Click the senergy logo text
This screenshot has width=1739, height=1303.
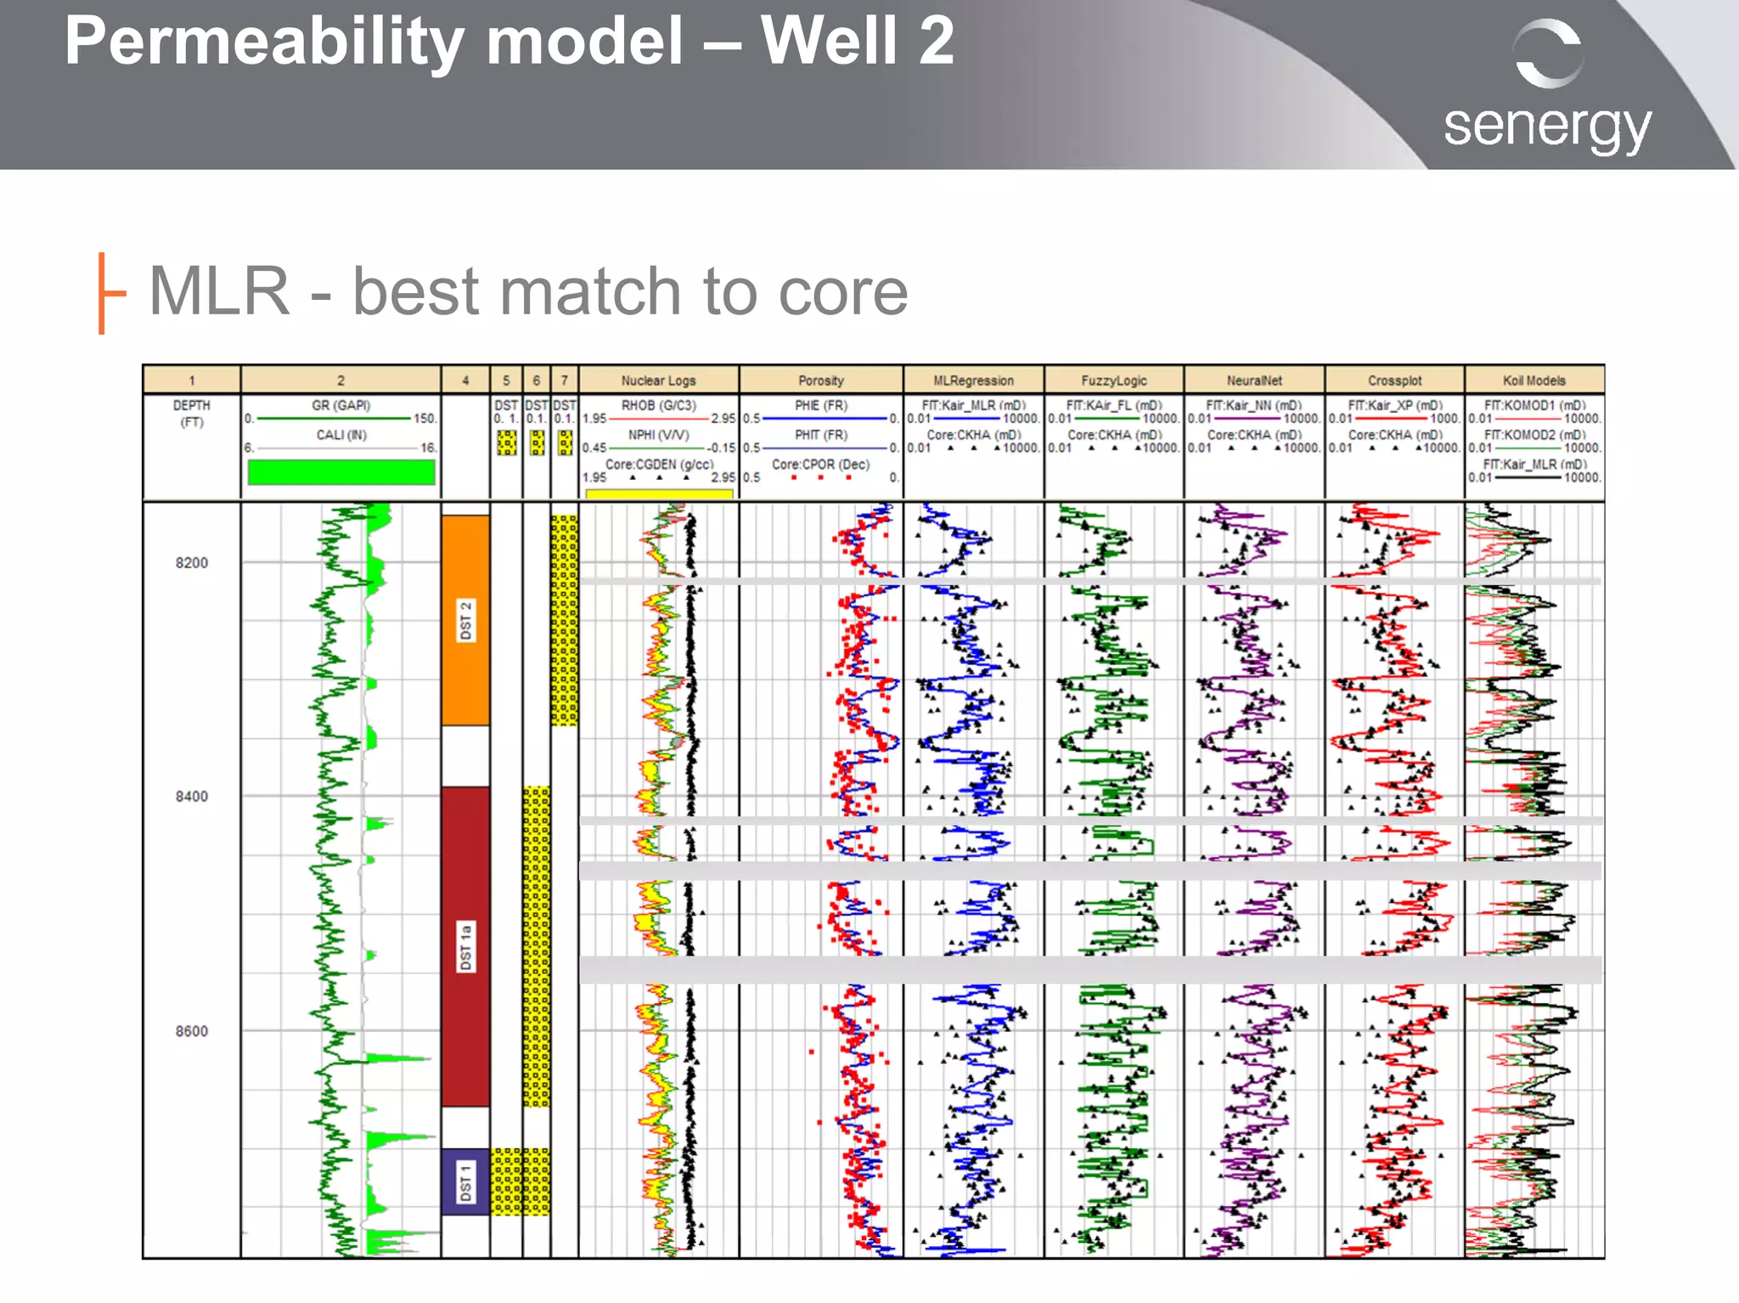point(1546,127)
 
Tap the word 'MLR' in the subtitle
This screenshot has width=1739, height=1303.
point(219,291)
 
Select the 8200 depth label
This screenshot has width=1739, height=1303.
point(192,562)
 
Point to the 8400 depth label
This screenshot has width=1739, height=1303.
point(192,796)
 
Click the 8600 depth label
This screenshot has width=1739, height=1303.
point(192,1031)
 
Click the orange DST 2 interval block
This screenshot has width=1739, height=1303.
point(465,620)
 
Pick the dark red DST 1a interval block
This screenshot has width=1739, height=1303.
point(465,946)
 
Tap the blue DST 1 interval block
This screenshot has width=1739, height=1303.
point(465,1182)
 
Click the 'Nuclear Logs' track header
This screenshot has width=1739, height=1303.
point(658,381)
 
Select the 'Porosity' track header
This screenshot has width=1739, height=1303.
point(821,381)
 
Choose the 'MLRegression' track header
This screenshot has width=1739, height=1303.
point(973,381)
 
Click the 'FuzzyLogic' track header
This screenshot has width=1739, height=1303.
point(1114,381)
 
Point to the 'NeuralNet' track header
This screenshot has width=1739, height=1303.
point(1254,381)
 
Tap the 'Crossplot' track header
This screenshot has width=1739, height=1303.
point(1394,381)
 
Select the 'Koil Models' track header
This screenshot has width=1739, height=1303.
point(1534,381)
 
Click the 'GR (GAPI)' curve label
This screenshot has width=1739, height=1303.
point(340,405)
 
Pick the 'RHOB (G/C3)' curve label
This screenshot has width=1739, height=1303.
point(658,405)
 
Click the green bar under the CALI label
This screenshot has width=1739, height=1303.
point(341,472)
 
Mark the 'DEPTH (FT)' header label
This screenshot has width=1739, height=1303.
point(192,414)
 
